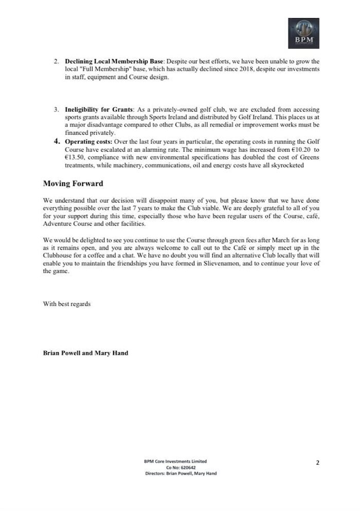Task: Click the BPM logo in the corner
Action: (303, 33)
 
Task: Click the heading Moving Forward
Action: (73, 183)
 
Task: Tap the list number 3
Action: (57, 110)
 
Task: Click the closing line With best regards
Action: (67, 304)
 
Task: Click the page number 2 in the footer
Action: (317, 463)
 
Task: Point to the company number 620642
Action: (187, 467)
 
